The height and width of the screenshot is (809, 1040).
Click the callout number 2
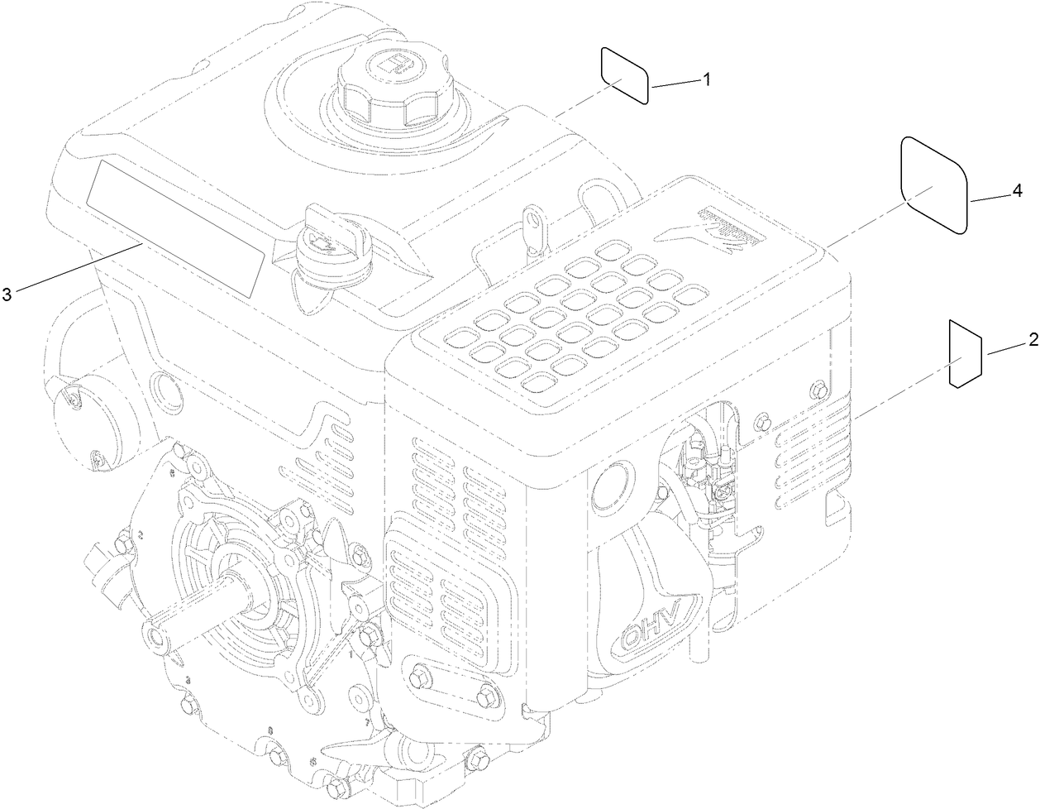click(x=1033, y=340)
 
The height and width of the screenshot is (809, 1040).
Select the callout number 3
click(x=7, y=294)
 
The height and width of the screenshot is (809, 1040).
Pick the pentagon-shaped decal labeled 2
click(x=964, y=354)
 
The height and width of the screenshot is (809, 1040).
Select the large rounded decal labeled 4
click(x=933, y=184)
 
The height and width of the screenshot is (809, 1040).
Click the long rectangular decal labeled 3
click(x=175, y=228)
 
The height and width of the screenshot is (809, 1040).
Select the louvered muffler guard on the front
click(x=446, y=596)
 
